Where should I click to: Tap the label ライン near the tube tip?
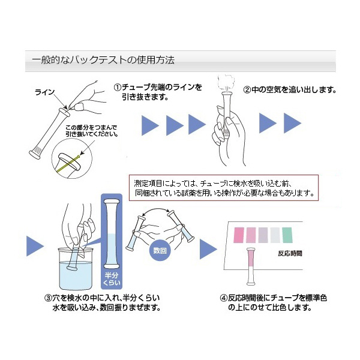(x=45, y=92)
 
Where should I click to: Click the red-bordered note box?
(x=223, y=187)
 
